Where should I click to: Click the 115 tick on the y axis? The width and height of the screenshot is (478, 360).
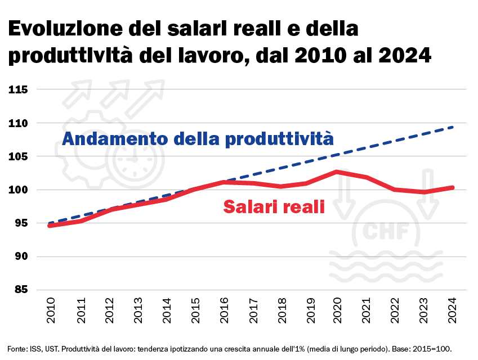(x=19, y=89)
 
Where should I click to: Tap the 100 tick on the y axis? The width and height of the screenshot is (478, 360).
(x=19, y=190)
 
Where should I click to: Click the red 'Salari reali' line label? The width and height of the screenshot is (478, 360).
(x=274, y=206)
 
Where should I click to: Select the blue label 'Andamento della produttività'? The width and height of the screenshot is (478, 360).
(x=198, y=138)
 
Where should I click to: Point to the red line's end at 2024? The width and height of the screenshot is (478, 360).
(x=452, y=188)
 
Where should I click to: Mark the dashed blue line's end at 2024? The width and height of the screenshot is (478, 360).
(x=453, y=127)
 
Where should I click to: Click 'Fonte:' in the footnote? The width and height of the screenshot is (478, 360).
(x=17, y=348)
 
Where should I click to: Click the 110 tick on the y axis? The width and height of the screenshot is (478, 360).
(x=19, y=123)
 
